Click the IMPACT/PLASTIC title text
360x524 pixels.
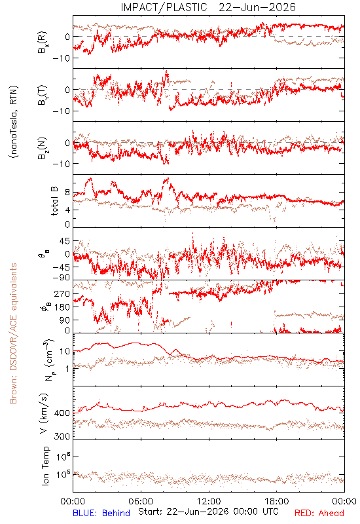(x=164, y=7)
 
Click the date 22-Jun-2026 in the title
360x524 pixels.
(x=257, y=7)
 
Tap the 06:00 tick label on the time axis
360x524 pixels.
(x=141, y=501)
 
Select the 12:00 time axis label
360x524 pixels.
(x=209, y=501)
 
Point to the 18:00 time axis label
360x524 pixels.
(x=276, y=501)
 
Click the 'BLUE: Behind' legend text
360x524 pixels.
(x=101, y=513)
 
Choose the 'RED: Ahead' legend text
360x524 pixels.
(x=319, y=513)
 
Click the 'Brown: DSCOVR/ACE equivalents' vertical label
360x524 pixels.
(x=13, y=333)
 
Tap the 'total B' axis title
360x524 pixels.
(x=54, y=201)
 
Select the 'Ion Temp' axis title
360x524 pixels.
(x=45, y=466)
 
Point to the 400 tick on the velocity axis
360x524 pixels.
(x=62, y=413)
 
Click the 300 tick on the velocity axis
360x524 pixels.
(x=62, y=436)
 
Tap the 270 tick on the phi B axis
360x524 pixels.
(x=62, y=293)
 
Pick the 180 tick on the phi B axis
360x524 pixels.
(x=62, y=307)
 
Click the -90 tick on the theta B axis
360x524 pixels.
(x=61, y=278)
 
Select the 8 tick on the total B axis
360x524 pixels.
(x=67, y=193)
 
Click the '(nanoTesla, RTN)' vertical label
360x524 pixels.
(x=14, y=122)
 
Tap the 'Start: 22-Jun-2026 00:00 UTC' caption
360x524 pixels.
(x=208, y=512)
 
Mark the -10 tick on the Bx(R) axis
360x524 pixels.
(x=61, y=58)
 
